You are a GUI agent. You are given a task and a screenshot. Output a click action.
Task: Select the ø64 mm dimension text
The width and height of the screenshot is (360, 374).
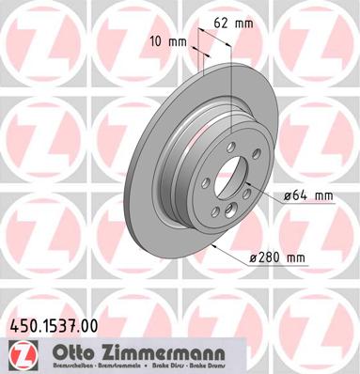pyautogui.click(x=307, y=195)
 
